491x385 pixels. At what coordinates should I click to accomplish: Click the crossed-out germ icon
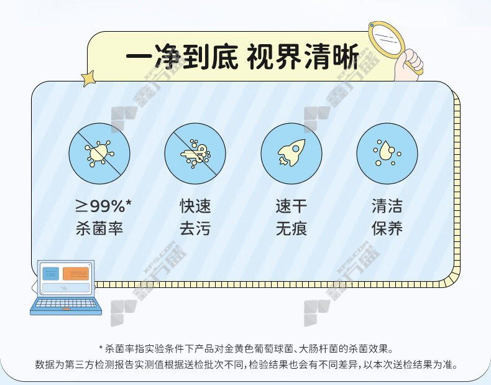click(99, 154)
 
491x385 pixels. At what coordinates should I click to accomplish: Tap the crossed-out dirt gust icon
click(195, 154)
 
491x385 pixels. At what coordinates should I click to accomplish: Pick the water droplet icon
click(387, 154)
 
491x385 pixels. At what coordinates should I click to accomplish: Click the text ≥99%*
click(103, 206)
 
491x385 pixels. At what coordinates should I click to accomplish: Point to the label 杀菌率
click(99, 228)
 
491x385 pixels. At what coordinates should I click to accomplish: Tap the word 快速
click(195, 206)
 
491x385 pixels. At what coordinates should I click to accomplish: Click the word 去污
click(195, 228)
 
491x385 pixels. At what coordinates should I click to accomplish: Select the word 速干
click(291, 206)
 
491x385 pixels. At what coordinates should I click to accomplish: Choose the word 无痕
click(291, 228)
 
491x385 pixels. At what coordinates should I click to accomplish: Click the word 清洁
click(387, 206)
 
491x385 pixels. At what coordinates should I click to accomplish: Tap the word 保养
click(387, 228)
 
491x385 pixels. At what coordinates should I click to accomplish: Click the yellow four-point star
click(88, 78)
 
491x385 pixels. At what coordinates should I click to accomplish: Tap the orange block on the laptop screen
click(76, 274)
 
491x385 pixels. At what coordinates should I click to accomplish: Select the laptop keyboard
click(66, 304)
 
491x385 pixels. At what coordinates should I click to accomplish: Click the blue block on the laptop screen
click(51, 274)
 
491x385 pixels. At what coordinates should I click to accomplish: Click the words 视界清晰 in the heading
click(303, 57)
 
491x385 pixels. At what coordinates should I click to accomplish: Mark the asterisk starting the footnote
click(101, 347)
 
